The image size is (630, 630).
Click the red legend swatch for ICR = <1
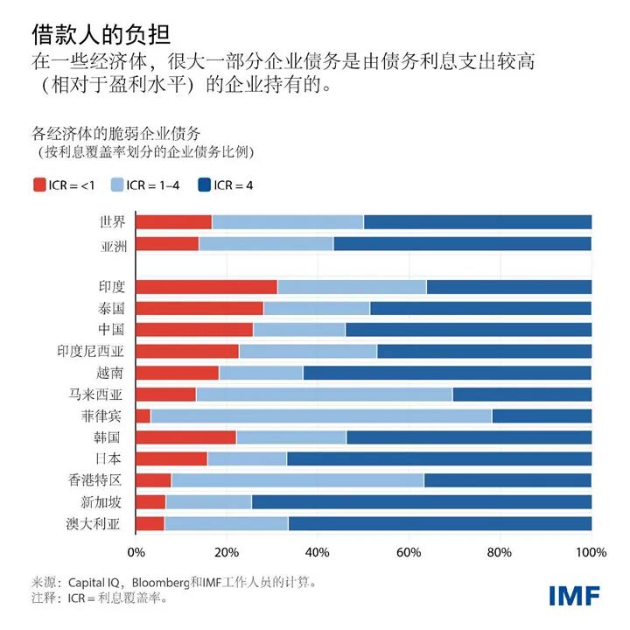[x=39, y=185]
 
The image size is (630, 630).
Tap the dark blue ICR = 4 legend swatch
[x=206, y=185]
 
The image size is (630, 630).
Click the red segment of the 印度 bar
[x=206, y=286]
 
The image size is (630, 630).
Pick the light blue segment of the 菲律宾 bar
[x=321, y=416]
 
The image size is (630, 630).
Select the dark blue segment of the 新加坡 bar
[x=421, y=501]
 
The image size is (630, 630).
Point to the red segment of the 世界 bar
[x=174, y=222]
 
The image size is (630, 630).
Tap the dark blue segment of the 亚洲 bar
[x=462, y=244]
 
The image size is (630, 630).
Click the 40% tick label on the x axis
[x=318, y=553]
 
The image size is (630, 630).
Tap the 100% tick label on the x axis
[x=591, y=553]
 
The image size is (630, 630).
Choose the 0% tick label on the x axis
[x=136, y=553]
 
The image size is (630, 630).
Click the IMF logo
[x=574, y=596]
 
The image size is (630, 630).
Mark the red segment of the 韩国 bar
[x=186, y=437]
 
